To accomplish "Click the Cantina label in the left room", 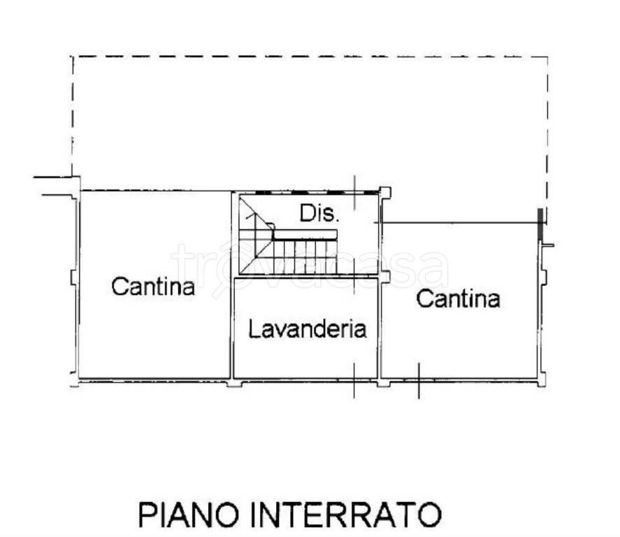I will point(154,286).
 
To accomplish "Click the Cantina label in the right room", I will point(458,299).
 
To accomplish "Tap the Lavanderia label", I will point(308,329).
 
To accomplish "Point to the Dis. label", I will point(319,213).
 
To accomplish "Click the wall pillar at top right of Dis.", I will point(384,192).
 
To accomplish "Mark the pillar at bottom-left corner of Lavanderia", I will point(234,382).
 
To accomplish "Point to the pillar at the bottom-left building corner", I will point(76,382).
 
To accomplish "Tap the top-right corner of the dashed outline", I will point(547,57).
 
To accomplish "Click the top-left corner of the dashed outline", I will point(73,57).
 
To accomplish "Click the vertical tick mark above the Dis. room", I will point(354,190).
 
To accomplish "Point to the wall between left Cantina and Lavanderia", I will point(231,329).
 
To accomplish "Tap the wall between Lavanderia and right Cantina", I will point(380,329).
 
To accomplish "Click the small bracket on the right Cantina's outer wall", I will point(547,245).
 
